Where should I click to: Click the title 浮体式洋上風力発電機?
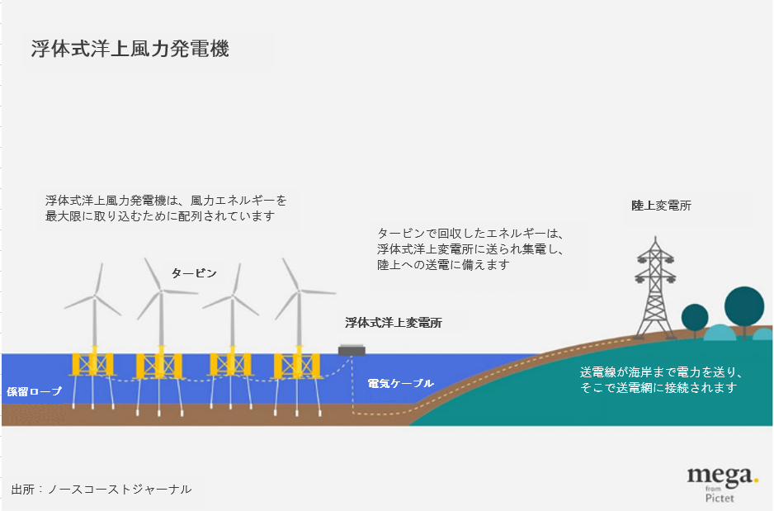coord(130,49)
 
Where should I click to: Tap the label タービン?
coord(194,272)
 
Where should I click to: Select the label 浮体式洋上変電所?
coord(393,323)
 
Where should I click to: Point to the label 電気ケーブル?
coord(400,384)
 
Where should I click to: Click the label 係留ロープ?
coord(34,391)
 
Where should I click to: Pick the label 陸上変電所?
coord(661,206)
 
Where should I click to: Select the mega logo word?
coord(720,475)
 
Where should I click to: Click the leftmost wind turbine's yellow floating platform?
coord(92,364)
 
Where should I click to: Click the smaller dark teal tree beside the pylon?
coord(695,316)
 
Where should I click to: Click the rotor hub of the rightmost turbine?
coord(297,291)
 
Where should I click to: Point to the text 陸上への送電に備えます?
coord(442,265)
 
